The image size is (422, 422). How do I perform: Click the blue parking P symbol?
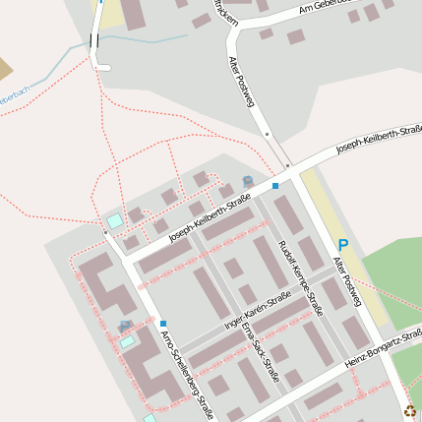point(343,245)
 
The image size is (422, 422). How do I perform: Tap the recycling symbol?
point(409,413)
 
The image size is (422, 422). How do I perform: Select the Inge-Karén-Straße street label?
point(258,310)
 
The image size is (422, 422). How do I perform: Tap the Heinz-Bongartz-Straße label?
point(384,351)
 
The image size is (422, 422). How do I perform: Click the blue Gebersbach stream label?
point(14,95)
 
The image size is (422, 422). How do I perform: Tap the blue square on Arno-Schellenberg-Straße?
point(163,324)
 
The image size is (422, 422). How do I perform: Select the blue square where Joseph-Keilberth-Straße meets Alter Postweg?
point(275,185)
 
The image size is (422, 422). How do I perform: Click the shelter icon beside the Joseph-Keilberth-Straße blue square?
point(247,181)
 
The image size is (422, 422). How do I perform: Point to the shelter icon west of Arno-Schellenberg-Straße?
point(125,325)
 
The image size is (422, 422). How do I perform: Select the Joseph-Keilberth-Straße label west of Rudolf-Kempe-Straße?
point(210,220)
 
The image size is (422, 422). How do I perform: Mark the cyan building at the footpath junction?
point(115,220)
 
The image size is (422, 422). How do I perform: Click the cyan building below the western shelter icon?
point(128,342)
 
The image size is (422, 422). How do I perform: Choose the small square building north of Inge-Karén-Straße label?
point(233,268)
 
